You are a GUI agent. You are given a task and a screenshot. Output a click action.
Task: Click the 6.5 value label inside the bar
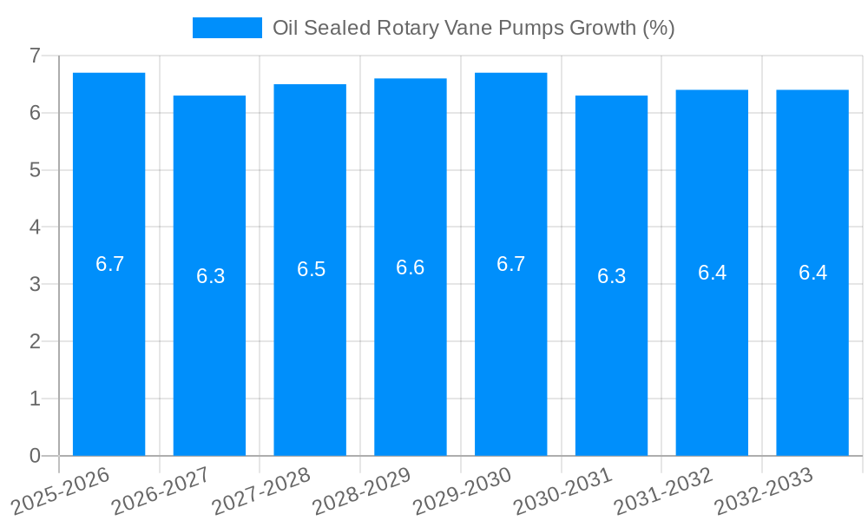pyautogui.click(x=311, y=269)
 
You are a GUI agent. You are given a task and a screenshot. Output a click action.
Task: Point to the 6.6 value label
pyautogui.click(x=411, y=267)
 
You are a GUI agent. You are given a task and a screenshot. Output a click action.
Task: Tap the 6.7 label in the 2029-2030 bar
pyautogui.click(x=511, y=264)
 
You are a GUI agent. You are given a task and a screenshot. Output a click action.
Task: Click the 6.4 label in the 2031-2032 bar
pyautogui.click(x=712, y=273)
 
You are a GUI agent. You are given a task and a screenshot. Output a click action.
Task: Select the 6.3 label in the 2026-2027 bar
pyautogui.click(x=210, y=276)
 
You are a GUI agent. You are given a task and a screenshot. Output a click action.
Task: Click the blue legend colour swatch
pyautogui.click(x=227, y=28)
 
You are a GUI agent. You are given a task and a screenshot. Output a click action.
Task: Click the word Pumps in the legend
pyautogui.click(x=531, y=28)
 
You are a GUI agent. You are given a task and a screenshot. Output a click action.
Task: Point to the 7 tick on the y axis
pyautogui.click(x=35, y=56)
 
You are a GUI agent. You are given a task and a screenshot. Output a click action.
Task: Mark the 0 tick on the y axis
pyautogui.click(x=35, y=456)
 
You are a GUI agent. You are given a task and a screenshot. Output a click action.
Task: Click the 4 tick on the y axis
pyautogui.click(x=35, y=228)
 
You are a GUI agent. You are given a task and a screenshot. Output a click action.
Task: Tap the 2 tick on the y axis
pyautogui.click(x=35, y=342)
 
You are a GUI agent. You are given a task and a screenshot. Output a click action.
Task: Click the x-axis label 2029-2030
pyautogui.click(x=460, y=491)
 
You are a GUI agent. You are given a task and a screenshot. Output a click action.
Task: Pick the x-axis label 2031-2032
pyautogui.click(x=661, y=491)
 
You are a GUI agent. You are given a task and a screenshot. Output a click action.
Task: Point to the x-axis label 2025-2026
pyautogui.click(x=59, y=491)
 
